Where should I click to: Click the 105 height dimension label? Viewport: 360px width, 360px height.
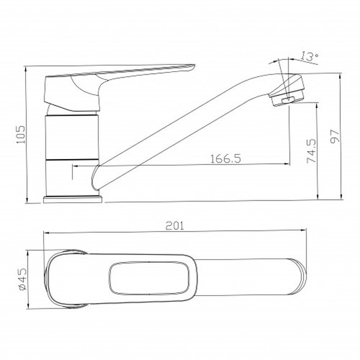pyautogui.click(x=21, y=134)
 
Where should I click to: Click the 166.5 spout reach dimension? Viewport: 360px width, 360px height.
pyautogui.click(x=226, y=158)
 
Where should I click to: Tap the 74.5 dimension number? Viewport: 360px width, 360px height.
pyautogui.click(x=311, y=151)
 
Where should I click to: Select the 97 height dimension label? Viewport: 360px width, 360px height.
pyautogui.click(x=335, y=136)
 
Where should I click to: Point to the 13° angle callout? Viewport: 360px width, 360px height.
pyautogui.click(x=310, y=56)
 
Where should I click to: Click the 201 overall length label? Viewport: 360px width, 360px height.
pyautogui.click(x=175, y=226)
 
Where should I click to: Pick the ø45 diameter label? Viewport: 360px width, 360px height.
pyautogui.click(x=23, y=279)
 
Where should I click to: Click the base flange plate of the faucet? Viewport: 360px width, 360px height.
pyautogui.click(x=73, y=200)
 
